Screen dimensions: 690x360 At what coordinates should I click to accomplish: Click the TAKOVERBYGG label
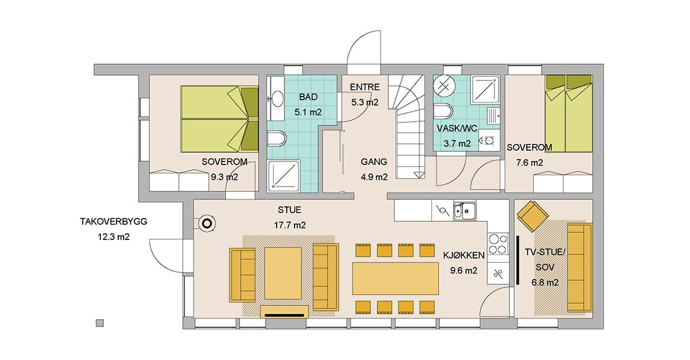coord(113,221)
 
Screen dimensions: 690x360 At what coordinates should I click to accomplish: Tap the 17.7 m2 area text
coord(290,226)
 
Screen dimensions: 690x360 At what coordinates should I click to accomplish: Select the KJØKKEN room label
coord(464,255)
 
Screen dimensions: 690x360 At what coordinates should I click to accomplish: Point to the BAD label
coord(308,97)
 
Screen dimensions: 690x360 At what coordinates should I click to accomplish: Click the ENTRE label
coord(365,87)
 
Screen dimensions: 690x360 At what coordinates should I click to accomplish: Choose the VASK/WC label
coord(457,128)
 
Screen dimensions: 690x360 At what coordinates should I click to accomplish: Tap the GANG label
coord(374,161)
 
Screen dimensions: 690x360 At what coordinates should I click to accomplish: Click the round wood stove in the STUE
coord(206,224)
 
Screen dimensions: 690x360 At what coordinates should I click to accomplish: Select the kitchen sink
coord(464,211)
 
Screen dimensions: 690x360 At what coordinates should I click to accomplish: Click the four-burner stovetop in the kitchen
coord(497,244)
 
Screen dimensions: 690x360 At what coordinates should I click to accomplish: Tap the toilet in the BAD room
coord(277,139)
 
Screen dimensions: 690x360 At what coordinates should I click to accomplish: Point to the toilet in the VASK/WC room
coord(443,112)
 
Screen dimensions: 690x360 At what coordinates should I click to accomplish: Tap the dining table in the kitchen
coord(395,278)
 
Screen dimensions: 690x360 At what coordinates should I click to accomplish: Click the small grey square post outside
coord(100,323)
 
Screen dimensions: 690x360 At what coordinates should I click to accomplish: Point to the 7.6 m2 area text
coord(529,163)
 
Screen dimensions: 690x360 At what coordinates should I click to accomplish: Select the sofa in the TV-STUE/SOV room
coord(580,268)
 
